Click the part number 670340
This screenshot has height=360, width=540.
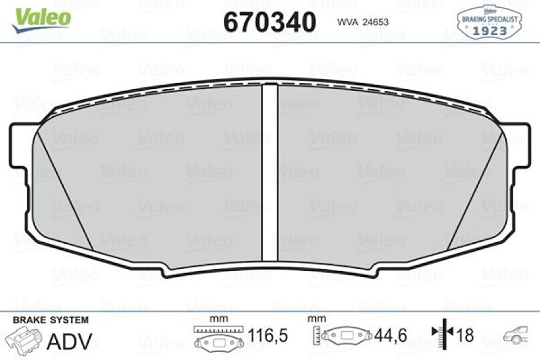(x=270, y=22)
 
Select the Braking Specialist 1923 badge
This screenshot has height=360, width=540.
(x=489, y=22)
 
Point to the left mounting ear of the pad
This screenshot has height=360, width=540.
(x=19, y=146)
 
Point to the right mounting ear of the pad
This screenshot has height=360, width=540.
(x=520, y=146)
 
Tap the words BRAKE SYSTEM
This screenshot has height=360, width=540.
(x=51, y=320)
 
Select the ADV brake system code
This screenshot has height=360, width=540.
(x=70, y=341)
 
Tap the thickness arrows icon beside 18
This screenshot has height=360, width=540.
(x=442, y=335)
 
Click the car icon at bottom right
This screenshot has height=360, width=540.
(x=518, y=335)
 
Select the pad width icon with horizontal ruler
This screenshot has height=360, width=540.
(x=218, y=338)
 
